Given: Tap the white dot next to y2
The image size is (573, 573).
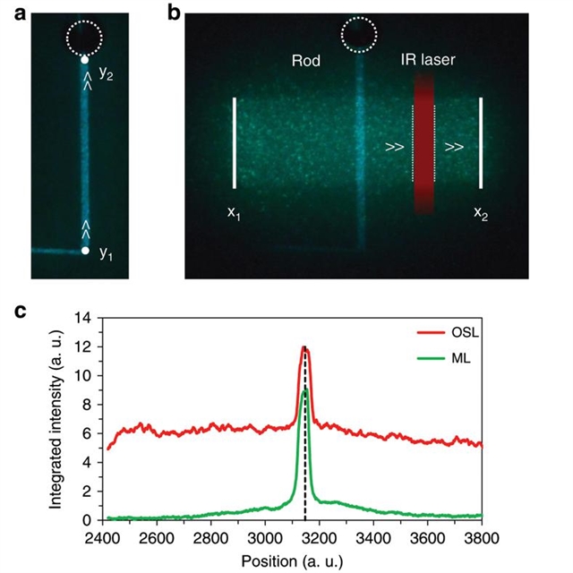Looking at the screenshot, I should pos(85,60).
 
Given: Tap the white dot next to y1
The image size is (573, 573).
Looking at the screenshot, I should pos(85,251).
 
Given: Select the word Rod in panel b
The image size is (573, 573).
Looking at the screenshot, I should pos(306,62).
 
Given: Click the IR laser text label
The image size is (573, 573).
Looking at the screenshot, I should pos(425,62).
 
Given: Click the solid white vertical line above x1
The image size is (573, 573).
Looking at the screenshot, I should pos(235,143).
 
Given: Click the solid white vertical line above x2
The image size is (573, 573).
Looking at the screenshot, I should pos(481,143).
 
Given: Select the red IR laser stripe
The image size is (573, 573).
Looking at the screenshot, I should pos(423,143).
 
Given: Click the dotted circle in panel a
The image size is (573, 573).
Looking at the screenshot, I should pos(85,38).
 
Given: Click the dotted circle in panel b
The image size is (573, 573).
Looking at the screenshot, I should pos(359,36).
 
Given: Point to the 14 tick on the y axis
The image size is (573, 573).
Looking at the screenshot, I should pos(90,317).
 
